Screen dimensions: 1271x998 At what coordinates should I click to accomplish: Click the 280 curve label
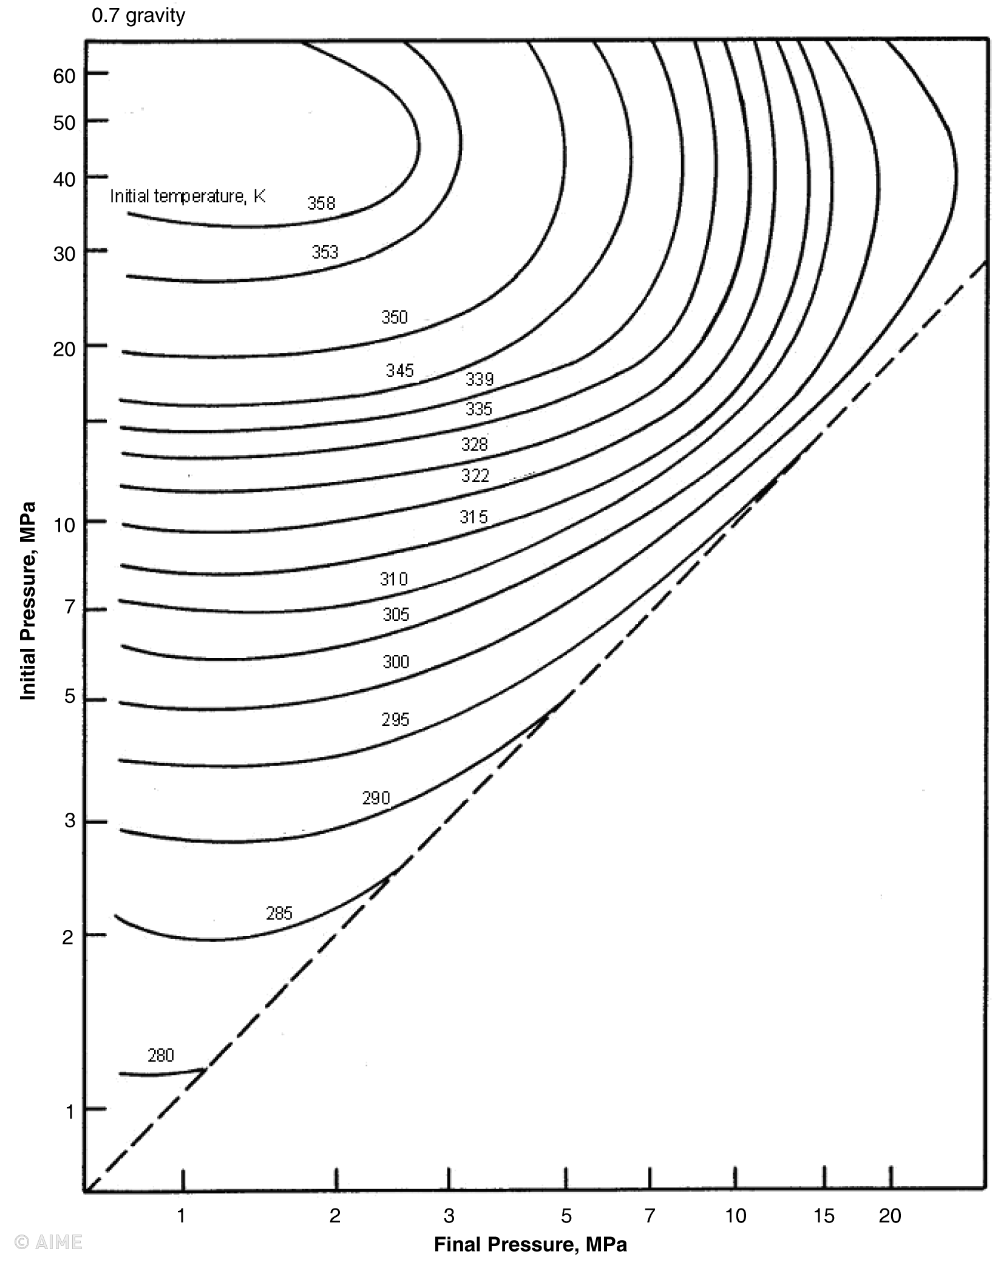pyautogui.click(x=161, y=1056)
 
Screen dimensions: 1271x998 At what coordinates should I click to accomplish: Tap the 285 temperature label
pyautogui.click(x=279, y=913)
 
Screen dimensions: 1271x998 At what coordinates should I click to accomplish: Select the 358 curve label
pyautogui.click(x=321, y=203)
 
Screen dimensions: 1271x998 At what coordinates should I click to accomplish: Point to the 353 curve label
pyautogui.click(x=325, y=252)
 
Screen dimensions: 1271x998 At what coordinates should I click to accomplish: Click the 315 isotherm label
pyautogui.click(x=474, y=517)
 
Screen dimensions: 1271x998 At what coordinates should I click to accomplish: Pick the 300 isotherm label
pyautogui.click(x=396, y=662)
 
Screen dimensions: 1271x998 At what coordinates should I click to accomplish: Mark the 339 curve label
pyautogui.click(x=480, y=379)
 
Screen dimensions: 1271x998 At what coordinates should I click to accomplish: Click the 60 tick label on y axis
pyautogui.click(x=64, y=76)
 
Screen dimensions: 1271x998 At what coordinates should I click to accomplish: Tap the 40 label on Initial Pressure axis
pyautogui.click(x=64, y=180)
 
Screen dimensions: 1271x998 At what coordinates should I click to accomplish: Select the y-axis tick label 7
pyautogui.click(x=70, y=607)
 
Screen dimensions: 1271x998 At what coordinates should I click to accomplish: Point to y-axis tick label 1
pyautogui.click(x=70, y=1112)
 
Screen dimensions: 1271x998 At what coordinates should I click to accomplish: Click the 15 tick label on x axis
pyautogui.click(x=824, y=1215)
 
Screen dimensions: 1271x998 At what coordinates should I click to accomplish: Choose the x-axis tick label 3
pyautogui.click(x=449, y=1215)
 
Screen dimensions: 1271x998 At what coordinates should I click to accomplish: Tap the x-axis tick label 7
pyautogui.click(x=650, y=1215)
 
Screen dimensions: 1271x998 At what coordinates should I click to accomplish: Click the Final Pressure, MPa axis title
pyautogui.click(x=530, y=1244)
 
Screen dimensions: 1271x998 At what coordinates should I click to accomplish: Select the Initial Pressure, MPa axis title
pyautogui.click(x=28, y=601)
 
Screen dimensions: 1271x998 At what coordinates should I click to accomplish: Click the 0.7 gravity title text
pyautogui.click(x=138, y=15)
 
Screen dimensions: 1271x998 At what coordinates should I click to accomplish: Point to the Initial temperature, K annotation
pyautogui.click(x=188, y=196)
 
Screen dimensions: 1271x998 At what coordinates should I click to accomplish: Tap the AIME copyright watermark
pyautogui.click(x=48, y=1242)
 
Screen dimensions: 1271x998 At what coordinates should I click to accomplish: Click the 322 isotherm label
pyautogui.click(x=475, y=475)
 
